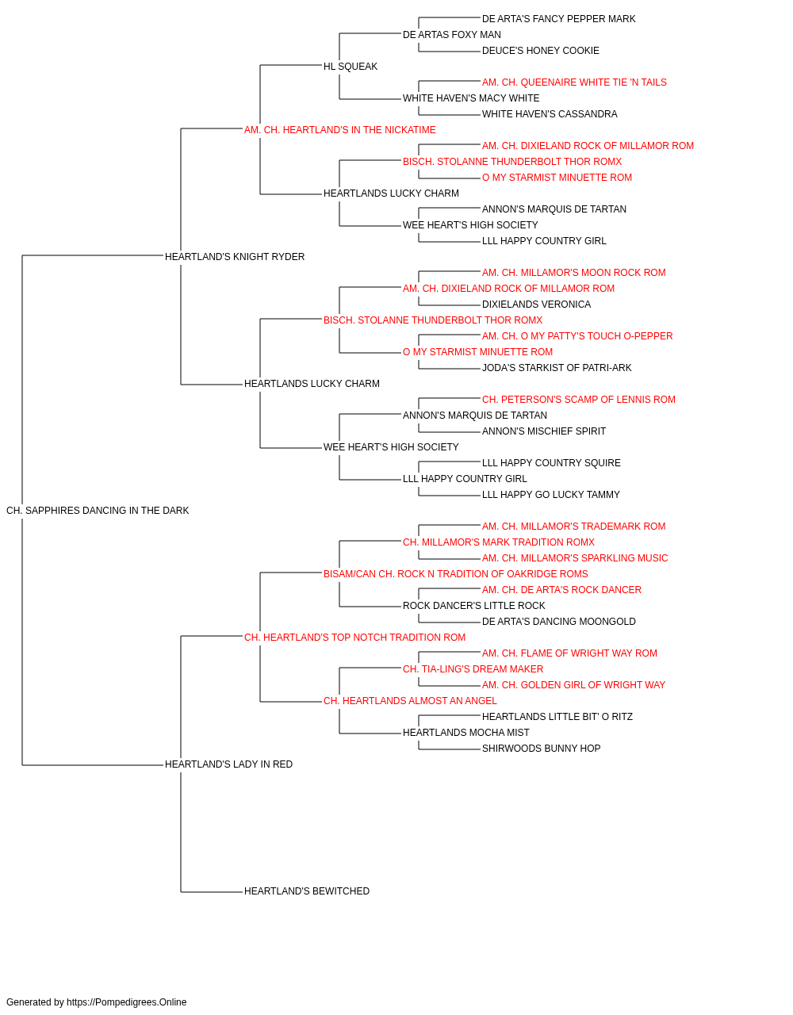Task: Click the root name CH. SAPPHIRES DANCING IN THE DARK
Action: coord(98,511)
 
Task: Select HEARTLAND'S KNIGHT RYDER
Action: coord(235,257)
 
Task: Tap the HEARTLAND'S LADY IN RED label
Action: coord(228,764)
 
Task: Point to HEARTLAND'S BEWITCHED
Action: coord(306,891)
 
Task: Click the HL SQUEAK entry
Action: coord(351,67)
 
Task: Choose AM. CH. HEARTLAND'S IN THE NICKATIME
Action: coord(339,130)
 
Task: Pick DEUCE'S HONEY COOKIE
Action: coord(540,51)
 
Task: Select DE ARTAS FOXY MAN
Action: coord(451,35)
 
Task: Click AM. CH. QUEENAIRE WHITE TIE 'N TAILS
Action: coord(574,82)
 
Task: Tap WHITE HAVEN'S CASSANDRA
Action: coord(550,114)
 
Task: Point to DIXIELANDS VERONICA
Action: coord(536,304)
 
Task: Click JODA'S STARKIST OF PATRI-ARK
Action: coord(556,368)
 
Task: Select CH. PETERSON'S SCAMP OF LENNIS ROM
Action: coord(578,400)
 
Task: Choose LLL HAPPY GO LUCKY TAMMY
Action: coord(550,495)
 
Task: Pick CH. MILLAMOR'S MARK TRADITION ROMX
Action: coord(498,542)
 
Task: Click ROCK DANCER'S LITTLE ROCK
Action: coord(473,606)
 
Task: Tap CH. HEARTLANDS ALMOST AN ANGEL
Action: coord(409,701)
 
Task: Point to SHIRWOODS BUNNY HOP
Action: coord(541,749)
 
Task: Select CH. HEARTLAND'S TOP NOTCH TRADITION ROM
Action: coord(354,638)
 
